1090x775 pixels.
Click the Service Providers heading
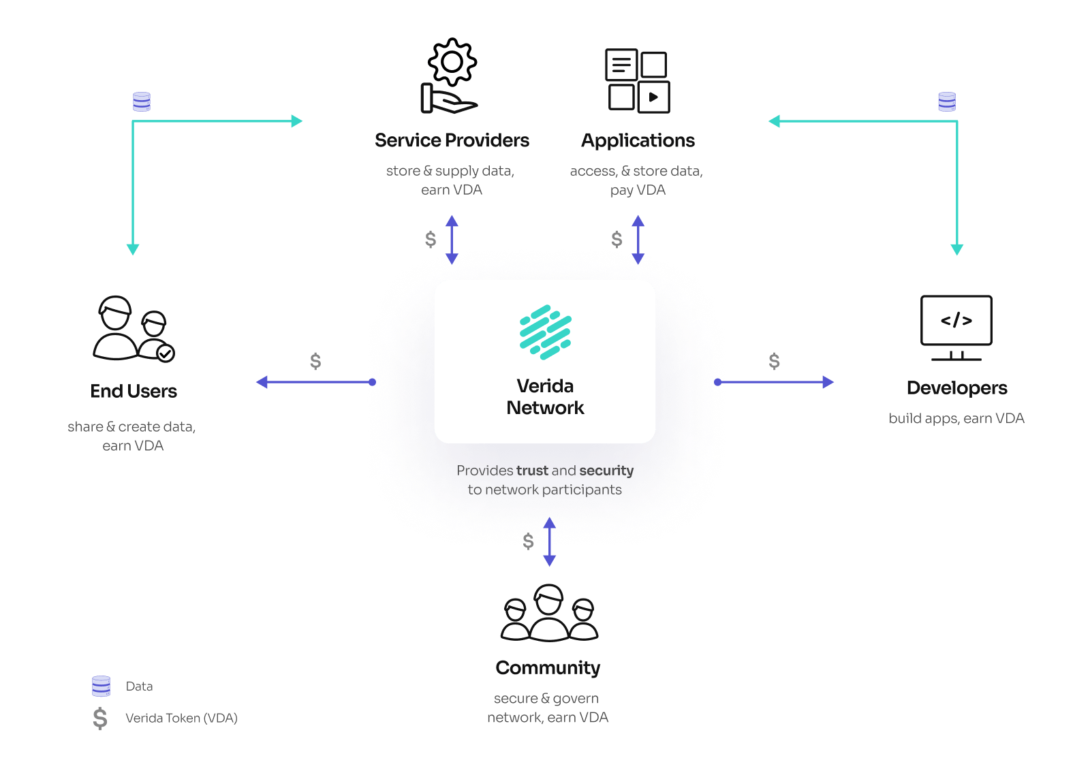[x=452, y=140]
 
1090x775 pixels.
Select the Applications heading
[x=638, y=140]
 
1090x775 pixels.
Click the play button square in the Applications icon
[x=653, y=97]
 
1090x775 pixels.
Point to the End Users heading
[x=134, y=391]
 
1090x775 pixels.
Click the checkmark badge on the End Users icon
[x=166, y=353]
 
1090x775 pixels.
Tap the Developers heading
[x=956, y=388]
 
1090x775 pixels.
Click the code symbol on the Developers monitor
[x=956, y=320]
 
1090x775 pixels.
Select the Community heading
[x=548, y=668]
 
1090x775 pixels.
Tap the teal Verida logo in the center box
[x=546, y=332]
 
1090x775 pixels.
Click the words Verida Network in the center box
[x=545, y=397]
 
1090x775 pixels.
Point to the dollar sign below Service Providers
[x=430, y=239]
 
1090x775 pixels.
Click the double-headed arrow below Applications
[x=638, y=240]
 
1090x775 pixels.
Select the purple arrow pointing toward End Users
[x=316, y=382]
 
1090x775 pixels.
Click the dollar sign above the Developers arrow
[x=774, y=361]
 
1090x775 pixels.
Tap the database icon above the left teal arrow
[x=142, y=101]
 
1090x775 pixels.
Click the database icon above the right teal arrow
[x=947, y=101]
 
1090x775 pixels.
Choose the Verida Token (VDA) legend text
[x=181, y=718]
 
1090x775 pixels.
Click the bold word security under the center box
[x=606, y=471]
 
